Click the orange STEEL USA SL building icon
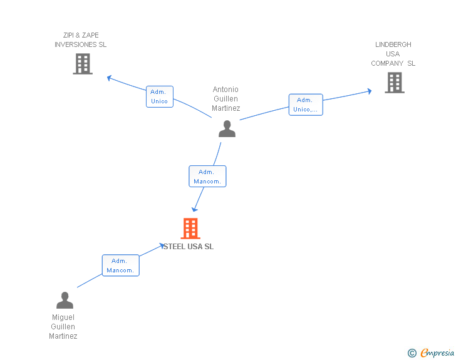coord(190,229)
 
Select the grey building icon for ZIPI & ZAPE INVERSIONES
coord(83,64)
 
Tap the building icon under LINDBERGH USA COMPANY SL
coord(395,83)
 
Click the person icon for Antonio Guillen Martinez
coord(227,128)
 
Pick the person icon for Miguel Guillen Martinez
coord(65,300)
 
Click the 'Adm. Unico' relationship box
coord(160,96)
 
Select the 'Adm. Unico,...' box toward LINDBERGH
coord(306,105)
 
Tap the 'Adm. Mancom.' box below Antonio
coord(207,176)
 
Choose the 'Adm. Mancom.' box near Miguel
coord(121,265)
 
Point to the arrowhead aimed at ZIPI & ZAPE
coord(110,78)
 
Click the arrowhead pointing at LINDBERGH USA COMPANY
coord(370,91)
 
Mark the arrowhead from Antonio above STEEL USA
coord(194,209)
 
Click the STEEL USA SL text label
coord(189,247)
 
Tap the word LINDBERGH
coord(393,44)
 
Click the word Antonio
coord(225,90)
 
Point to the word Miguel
coord(63,317)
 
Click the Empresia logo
coord(437,352)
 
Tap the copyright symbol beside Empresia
coord(412,353)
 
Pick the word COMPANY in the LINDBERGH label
coord(387,63)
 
